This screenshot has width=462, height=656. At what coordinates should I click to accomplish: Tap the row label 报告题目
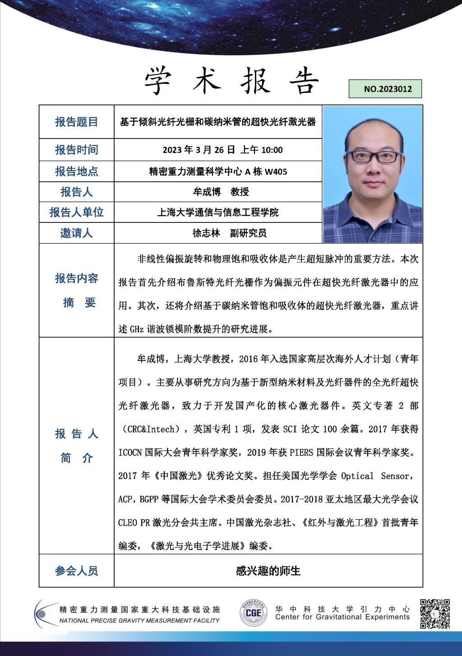click(x=76, y=122)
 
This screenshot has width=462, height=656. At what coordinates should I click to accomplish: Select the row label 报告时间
click(x=76, y=150)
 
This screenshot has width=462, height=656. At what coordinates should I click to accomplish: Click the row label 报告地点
click(x=76, y=171)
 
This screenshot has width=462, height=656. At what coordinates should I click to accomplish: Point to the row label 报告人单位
click(x=76, y=212)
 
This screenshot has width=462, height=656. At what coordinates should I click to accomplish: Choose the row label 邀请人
click(x=76, y=233)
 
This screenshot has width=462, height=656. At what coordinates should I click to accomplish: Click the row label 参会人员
click(x=76, y=571)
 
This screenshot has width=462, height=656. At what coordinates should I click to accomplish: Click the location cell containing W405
click(x=218, y=171)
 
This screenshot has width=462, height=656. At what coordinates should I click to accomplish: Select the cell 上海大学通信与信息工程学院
click(x=218, y=212)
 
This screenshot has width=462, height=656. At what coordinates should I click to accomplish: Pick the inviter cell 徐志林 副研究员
click(x=229, y=233)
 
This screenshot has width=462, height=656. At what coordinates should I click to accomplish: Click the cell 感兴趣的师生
click(x=268, y=571)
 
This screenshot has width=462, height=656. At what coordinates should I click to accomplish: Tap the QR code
click(x=434, y=614)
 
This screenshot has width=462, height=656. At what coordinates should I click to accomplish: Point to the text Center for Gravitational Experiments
click(x=342, y=617)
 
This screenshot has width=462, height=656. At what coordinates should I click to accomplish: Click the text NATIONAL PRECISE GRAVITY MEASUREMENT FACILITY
click(x=139, y=620)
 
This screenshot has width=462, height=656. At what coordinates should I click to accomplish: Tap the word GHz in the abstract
click(x=137, y=329)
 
